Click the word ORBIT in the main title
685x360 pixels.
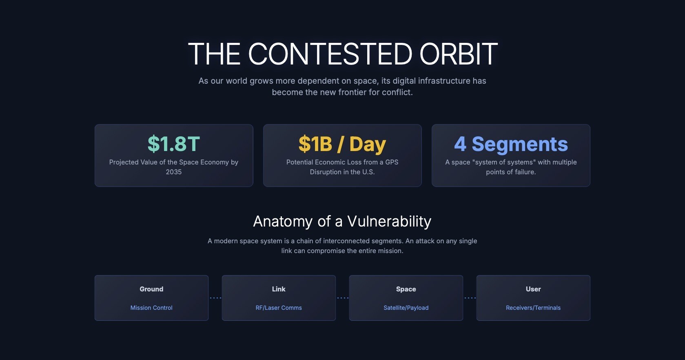tap(458, 54)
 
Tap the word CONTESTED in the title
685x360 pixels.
tap(330, 54)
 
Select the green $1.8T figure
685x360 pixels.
tap(174, 144)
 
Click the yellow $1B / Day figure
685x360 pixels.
tap(342, 144)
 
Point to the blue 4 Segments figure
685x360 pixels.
tap(511, 144)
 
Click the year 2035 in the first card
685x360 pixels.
tap(174, 172)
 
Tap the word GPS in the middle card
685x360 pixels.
tap(392, 162)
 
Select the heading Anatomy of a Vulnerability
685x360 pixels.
tap(342, 221)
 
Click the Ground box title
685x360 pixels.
tap(151, 289)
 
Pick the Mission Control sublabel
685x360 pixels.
tap(151, 308)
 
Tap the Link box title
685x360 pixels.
tap(279, 289)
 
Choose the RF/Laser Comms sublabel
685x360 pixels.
tap(279, 308)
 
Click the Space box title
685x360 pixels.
tap(406, 289)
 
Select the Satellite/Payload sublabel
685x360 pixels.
tap(406, 308)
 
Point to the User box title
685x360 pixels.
tap(533, 289)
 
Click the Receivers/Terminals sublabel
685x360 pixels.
tap(533, 308)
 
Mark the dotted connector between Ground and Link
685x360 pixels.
tap(215, 298)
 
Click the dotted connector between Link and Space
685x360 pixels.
tap(343, 298)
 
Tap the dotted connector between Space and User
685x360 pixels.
tap(470, 298)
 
